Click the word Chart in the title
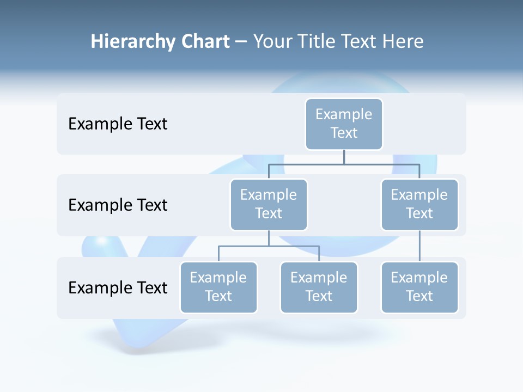pos(205,42)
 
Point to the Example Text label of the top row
pos(118,124)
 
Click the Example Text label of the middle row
pos(118,205)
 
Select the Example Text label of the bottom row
pos(118,287)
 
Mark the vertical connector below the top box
pos(344,157)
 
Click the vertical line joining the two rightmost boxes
pos(419,246)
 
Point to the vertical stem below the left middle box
pos(269,238)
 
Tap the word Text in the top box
pos(344,133)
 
